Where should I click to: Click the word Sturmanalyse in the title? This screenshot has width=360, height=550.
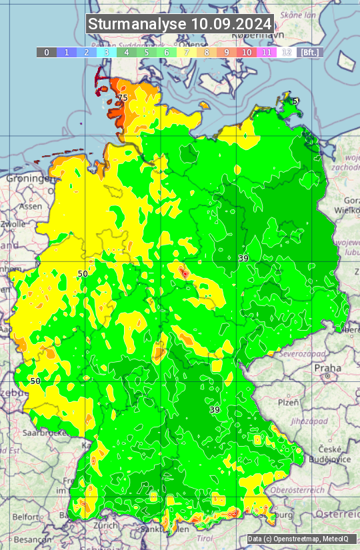(x=137, y=24)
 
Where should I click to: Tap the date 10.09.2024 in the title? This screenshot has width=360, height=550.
(x=231, y=24)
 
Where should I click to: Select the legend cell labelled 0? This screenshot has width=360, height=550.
(x=47, y=52)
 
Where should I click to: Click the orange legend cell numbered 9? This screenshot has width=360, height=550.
(x=227, y=52)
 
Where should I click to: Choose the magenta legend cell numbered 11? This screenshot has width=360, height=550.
(x=267, y=52)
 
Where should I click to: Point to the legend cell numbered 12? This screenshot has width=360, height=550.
(x=287, y=52)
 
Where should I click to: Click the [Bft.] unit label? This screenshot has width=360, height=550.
(x=310, y=52)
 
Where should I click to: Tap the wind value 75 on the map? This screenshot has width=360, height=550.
(x=122, y=98)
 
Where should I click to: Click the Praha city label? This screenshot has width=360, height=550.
(x=328, y=368)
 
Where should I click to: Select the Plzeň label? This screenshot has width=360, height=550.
(x=288, y=403)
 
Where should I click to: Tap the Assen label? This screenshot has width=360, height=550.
(x=31, y=207)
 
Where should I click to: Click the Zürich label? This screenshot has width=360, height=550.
(x=106, y=525)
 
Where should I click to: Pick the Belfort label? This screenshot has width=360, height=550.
(x=25, y=517)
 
